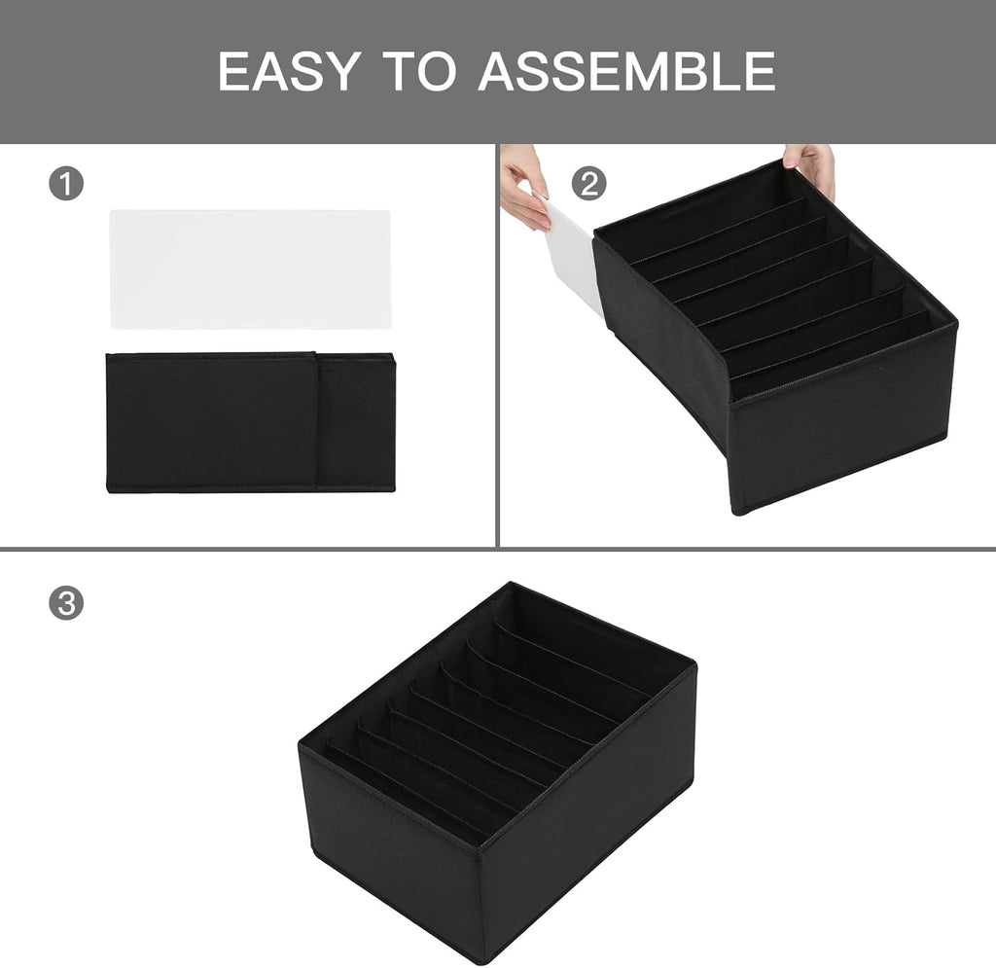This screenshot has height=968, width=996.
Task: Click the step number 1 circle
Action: point(66,184)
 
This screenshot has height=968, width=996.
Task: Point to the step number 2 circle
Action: point(587,184)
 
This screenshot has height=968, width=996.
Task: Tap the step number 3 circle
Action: point(66,603)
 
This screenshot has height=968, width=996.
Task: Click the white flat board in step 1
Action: point(250,269)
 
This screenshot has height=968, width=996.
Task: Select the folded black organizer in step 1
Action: point(214,422)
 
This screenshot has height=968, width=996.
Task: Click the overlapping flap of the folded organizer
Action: point(355,422)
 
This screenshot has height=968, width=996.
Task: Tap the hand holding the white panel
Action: point(525,190)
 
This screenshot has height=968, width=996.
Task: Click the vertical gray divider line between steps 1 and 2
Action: point(498,345)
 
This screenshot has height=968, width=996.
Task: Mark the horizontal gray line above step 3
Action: point(498,549)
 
